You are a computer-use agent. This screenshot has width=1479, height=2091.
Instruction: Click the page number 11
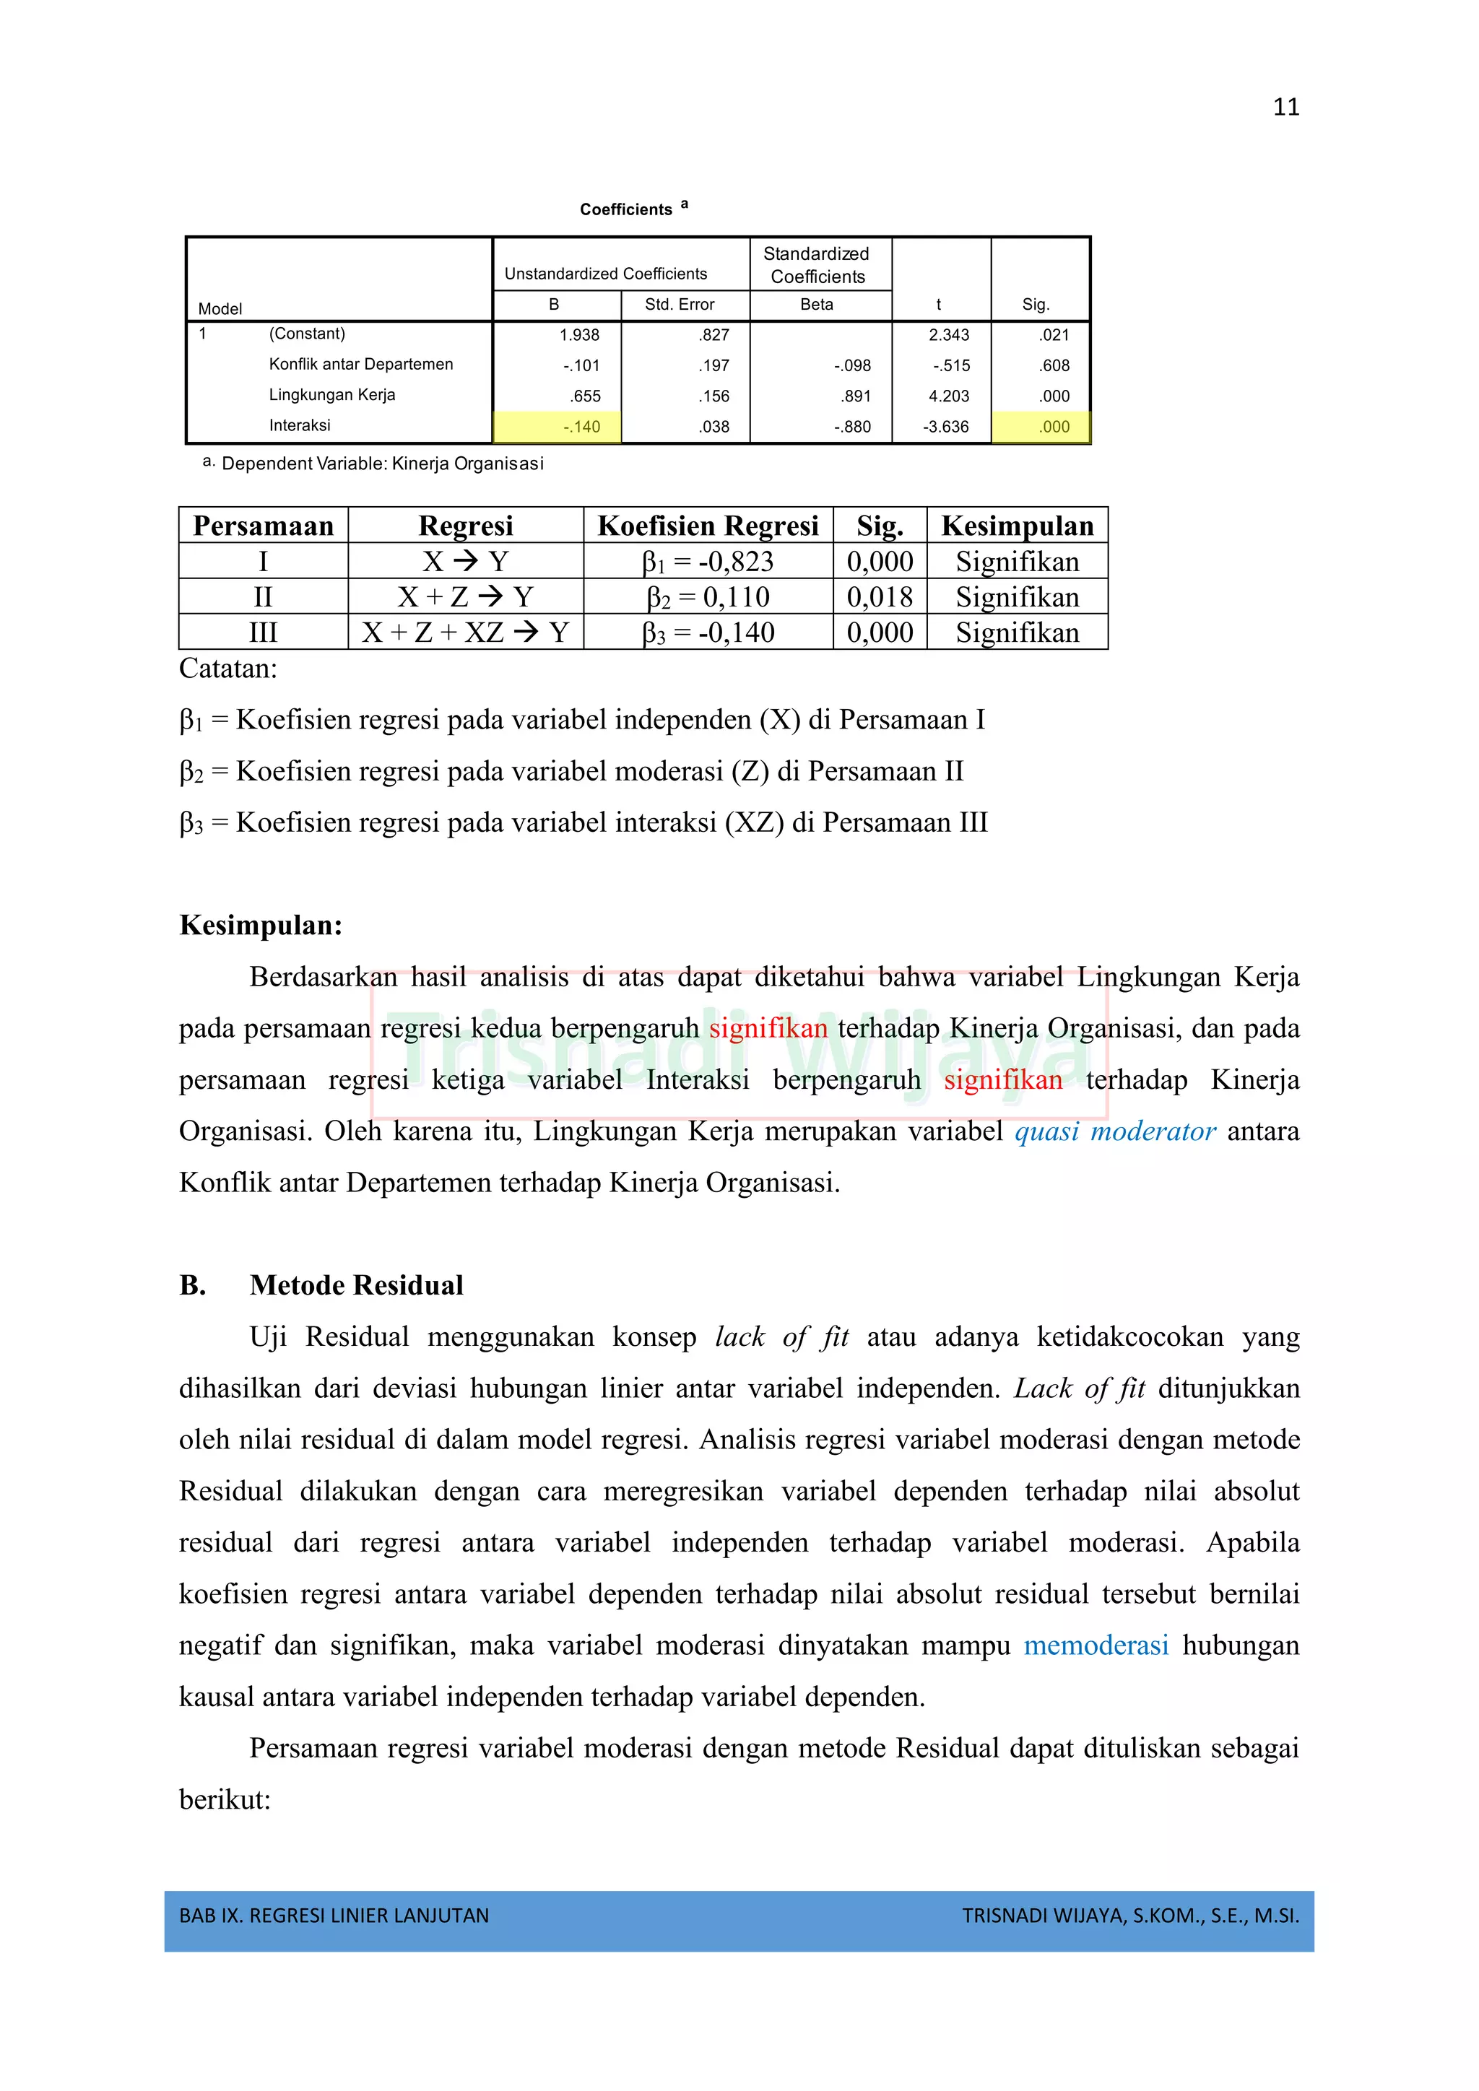point(1285,108)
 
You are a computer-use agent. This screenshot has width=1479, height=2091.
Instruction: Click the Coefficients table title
point(628,209)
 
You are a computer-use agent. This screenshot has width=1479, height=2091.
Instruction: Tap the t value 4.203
point(948,396)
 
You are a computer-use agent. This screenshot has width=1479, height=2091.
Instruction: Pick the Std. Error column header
point(680,304)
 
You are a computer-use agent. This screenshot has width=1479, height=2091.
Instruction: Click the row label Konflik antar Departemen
point(360,365)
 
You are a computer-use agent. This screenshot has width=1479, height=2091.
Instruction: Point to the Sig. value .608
point(1054,365)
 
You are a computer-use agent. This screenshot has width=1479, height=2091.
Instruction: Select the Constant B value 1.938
point(579,335)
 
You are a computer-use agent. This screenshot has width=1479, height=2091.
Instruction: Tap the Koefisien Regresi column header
point(708,526)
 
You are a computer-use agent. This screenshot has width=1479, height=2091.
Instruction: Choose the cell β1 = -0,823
point(708,562)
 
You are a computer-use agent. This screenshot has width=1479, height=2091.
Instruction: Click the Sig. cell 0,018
point(879,597)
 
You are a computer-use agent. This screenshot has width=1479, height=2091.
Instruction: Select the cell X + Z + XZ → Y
point(464,633)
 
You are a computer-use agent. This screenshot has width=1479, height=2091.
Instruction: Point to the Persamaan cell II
point(262,597)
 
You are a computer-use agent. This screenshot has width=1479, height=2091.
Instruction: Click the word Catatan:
point(227,669)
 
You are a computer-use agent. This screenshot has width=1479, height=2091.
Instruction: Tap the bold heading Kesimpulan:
point(261,926)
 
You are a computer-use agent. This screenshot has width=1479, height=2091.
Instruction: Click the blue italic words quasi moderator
point(1115,1131)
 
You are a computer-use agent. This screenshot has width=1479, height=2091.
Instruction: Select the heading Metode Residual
point(356,1285)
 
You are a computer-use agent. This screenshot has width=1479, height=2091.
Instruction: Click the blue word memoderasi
point(1096,1646)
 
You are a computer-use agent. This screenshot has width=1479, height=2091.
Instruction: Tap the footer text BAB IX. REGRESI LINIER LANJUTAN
point(334,1916)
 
